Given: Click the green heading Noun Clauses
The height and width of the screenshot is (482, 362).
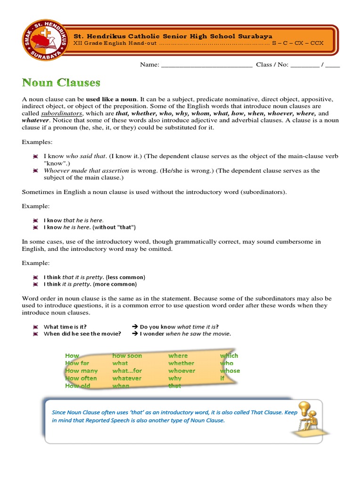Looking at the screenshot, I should click(x=61, y=83).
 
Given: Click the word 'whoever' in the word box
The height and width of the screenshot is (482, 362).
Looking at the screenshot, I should click(x=181, y=370).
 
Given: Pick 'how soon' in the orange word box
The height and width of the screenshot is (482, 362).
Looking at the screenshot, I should click(x=127, y=355).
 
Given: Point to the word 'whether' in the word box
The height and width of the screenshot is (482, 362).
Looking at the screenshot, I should click(x=181, y=363).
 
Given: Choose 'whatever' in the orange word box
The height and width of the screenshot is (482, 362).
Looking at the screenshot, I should click(x=127, y=378).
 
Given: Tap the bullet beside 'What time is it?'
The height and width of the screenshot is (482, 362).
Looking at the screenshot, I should click(x=35, y=327).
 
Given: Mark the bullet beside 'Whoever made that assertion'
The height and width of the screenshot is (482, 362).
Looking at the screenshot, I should click(x=35, y=171).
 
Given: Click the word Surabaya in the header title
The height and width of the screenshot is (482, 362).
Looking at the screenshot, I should click(x=255, y=36).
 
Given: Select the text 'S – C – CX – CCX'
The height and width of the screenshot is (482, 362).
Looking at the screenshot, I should click(x=297, y=44).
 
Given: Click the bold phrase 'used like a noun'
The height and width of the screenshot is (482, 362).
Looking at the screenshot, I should click(x=111, y=99).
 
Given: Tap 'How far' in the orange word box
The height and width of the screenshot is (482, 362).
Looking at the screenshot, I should click(x=77, y=363).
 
